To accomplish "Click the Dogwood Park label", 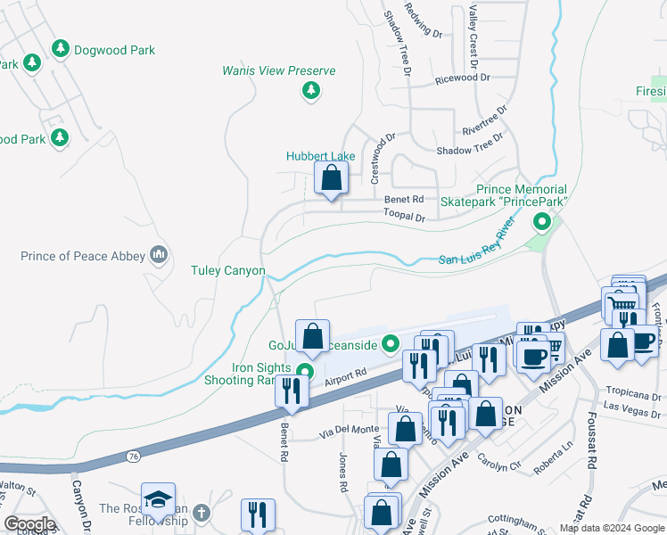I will (x=115, y=50).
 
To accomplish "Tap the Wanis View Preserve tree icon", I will (x=310, y=90).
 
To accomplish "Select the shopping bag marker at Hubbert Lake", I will (x=331, y=178).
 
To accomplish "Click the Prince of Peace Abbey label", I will (x=82, y=256).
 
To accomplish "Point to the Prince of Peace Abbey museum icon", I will (x=159, y=256).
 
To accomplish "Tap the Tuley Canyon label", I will (x=229, y=270).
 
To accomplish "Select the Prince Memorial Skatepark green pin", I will (x=539, y=220).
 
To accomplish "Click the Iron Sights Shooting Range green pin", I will (x=305, y=373).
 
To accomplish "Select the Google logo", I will (x=29, y=524).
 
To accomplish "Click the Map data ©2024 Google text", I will (x=611, y=528).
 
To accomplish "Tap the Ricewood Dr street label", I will (x=463, y=78).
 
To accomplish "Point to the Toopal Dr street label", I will (x=404, y=216).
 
